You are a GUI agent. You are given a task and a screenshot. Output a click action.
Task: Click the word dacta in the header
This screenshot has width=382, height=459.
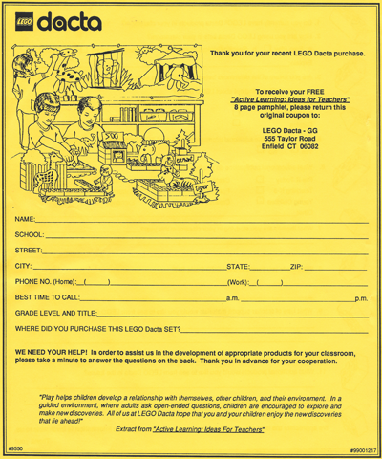coord(69,20)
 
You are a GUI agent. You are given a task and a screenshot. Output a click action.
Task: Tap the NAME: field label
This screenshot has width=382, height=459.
coord(25,220)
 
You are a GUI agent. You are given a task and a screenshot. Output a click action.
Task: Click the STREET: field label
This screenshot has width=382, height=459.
coord(30,251)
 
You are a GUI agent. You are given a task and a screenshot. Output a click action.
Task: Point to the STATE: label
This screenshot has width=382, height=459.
coord(237,266)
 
